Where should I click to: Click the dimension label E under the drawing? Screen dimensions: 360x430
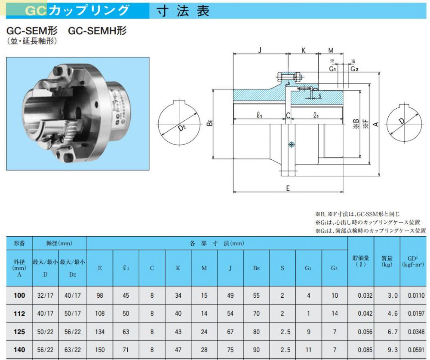[288, 188]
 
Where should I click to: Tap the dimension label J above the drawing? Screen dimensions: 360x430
[260, 50]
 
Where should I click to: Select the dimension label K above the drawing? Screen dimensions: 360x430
[303, 50]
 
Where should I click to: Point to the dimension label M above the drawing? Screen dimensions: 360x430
[331, 50]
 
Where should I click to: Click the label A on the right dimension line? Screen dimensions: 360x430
[375, 124]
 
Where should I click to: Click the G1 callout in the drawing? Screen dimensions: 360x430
[333, 68]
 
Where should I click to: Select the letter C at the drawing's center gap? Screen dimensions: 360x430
[288, 116]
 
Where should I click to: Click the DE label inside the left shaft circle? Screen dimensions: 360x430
[182, 128]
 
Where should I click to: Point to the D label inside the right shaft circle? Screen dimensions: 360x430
[401, 122]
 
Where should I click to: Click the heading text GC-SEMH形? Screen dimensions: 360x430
[98, 31]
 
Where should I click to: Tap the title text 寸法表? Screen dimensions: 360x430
[183, 11]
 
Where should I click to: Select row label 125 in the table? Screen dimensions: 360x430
[19, 332]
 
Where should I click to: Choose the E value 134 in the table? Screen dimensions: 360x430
[100, 332]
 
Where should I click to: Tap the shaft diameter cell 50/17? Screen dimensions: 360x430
[72, 314]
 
